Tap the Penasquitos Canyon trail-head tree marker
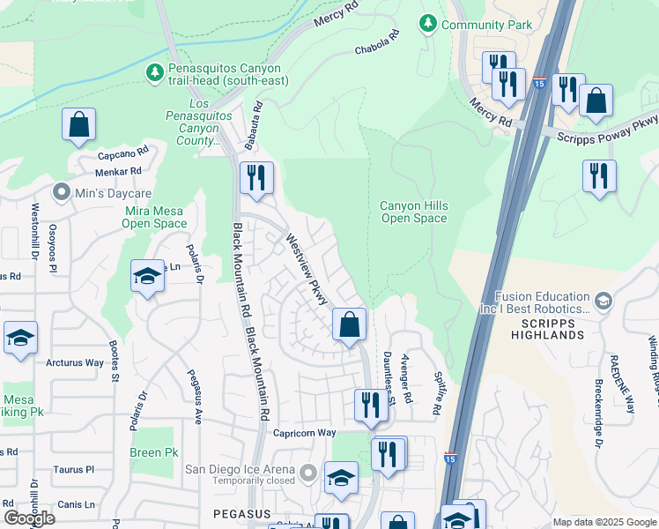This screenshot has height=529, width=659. (x=156, y=71)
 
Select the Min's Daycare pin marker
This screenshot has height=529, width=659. (x=62, y=191)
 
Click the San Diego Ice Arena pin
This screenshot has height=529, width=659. (x=307, y=474)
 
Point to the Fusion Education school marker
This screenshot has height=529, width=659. (x=603, y=302)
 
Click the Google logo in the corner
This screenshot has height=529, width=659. (x=29, y=518)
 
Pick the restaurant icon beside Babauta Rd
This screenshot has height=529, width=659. (x=256, y=178)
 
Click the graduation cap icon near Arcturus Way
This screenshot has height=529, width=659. (x=20, y=339)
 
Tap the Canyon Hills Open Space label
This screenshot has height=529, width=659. (x=413, y=212)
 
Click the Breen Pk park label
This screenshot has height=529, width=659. (x=153, y=452)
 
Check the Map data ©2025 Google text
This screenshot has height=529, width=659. (x=604, y=522)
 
